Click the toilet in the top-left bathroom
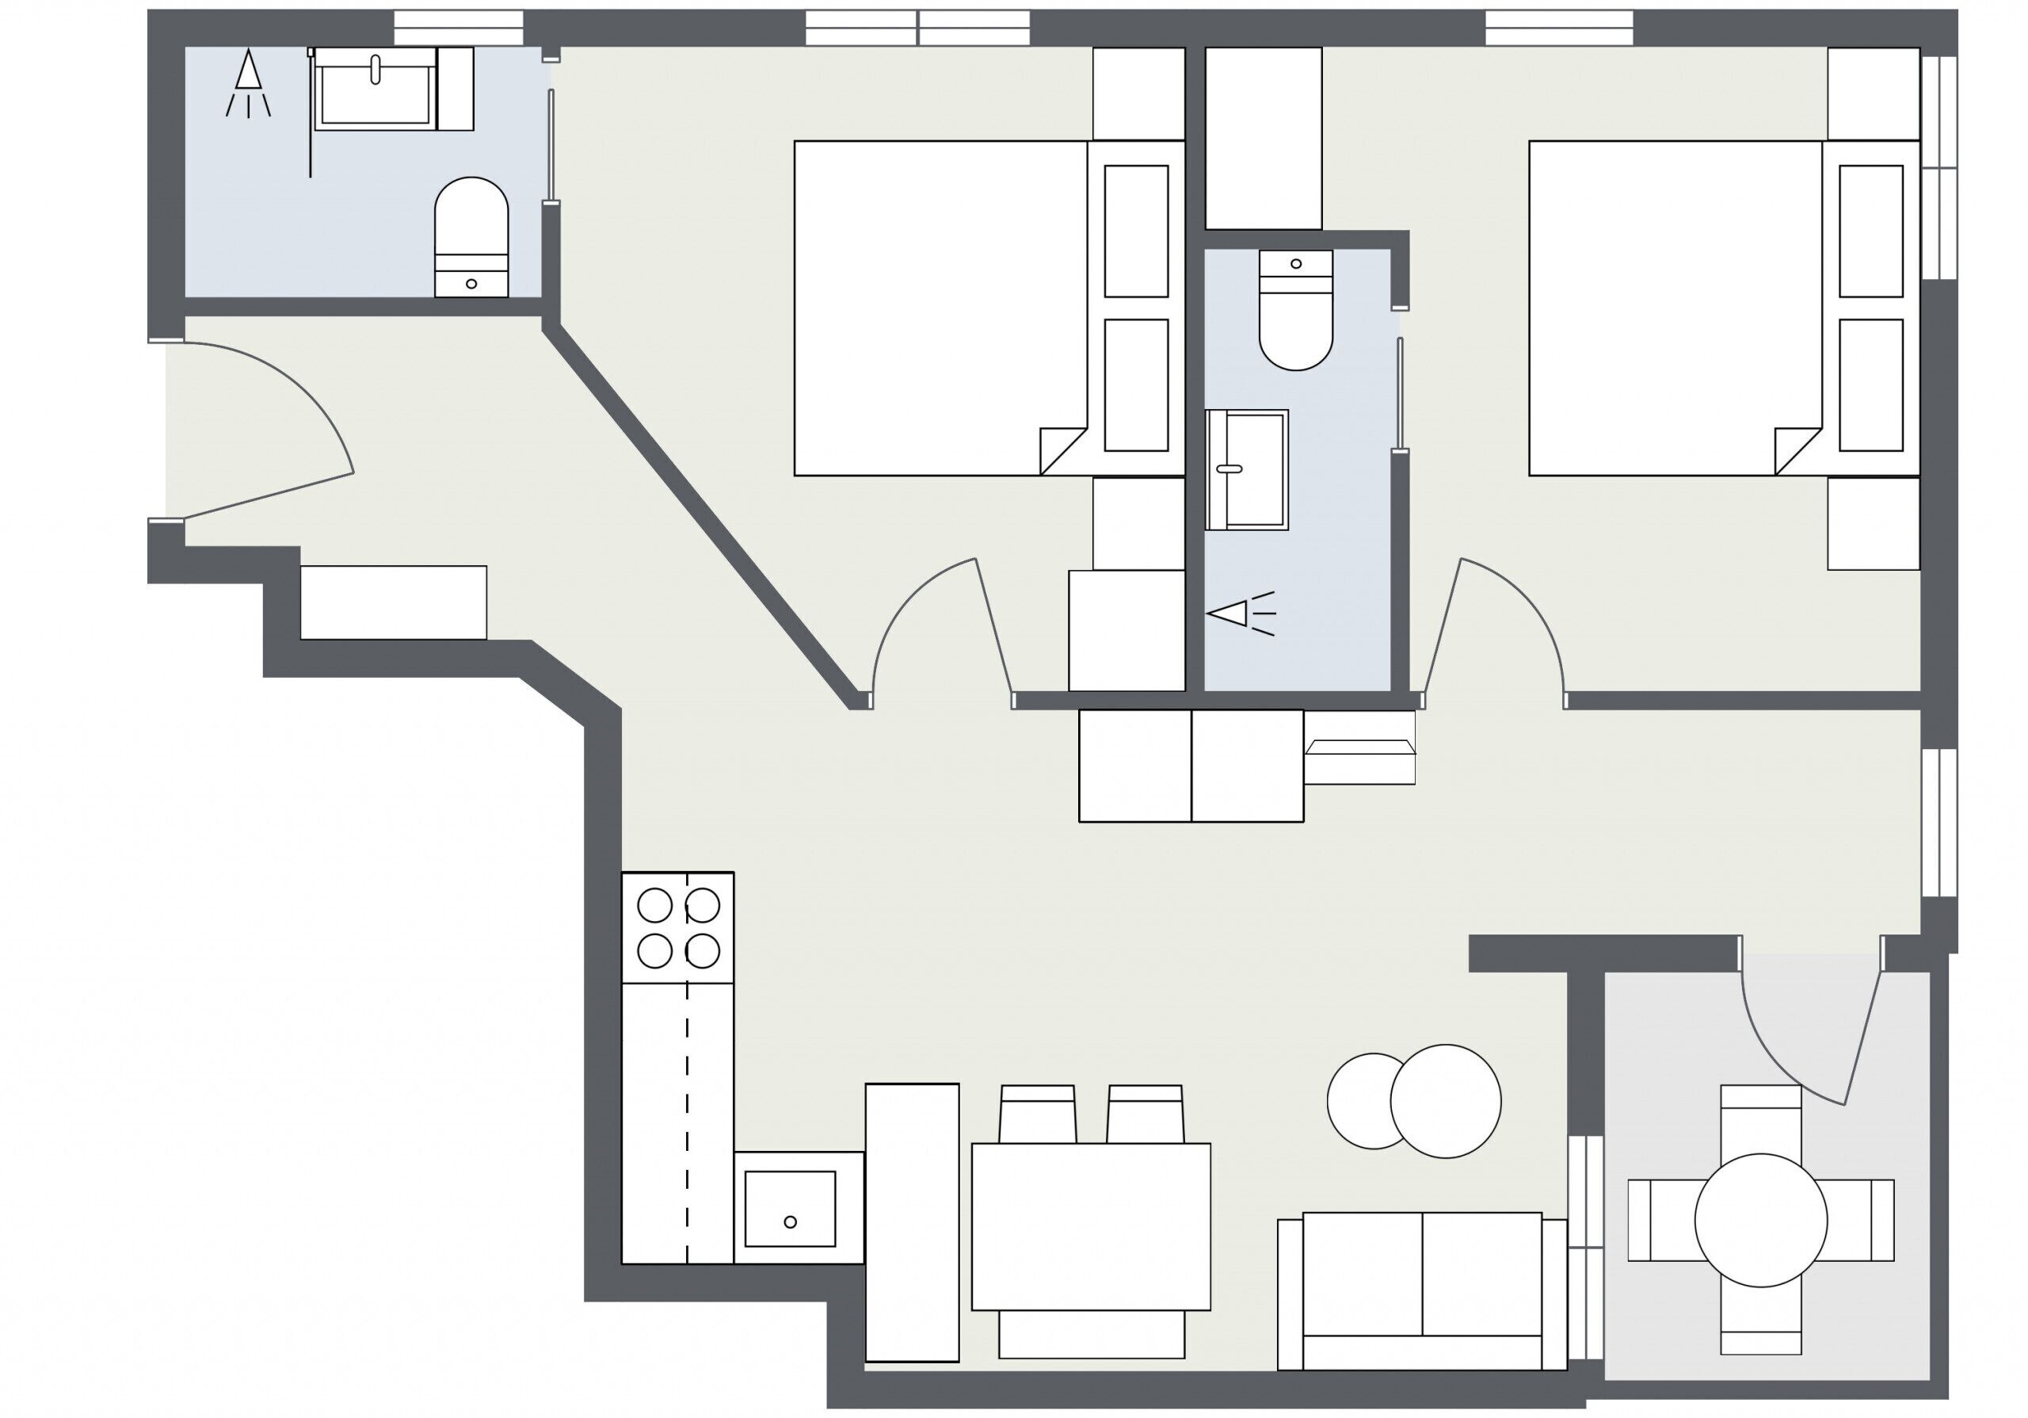471,234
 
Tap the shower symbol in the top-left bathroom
248,84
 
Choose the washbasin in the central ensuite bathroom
1246,469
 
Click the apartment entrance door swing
265,424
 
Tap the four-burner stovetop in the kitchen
677,927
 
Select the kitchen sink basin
789,1208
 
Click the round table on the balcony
1759,1219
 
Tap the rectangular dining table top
1090,1226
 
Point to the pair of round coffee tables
1413,1101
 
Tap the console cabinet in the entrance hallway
393,602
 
